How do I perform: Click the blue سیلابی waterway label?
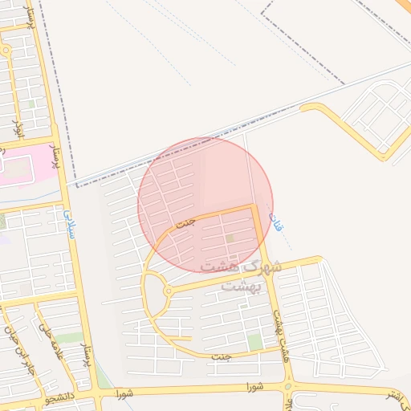point(67,216)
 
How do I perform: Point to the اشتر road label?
point(395,395)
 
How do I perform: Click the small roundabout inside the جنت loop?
point(168,291)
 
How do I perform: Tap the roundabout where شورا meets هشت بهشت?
point(288,388)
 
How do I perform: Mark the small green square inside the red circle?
point(230,238)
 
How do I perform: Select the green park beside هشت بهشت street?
point(255,343)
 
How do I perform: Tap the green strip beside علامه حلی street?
point(69,338)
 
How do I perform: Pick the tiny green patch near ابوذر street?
point(32,104)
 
